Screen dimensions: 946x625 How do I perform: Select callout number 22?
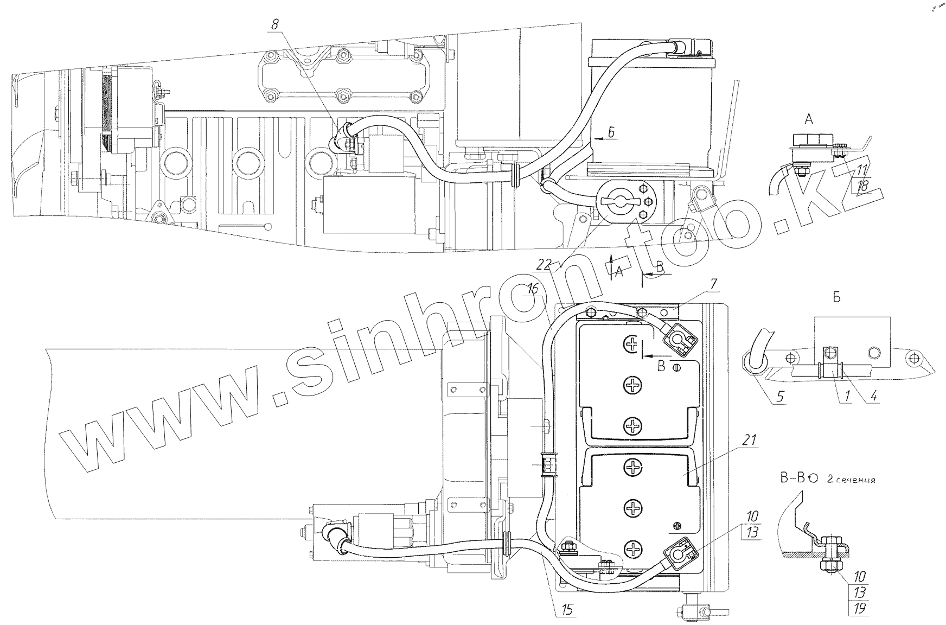click(x=545, y=265)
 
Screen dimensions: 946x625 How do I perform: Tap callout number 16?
click(x=534, y=289)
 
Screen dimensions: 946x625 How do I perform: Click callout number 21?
click(x=749, y=440)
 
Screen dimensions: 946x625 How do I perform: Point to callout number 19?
click(x=860, y=609)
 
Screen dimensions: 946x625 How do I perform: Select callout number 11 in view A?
click(x=861, y=170)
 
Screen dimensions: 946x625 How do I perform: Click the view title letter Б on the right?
click(x=836, y=299)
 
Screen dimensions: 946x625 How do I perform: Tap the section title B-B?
click(x=791, y=477)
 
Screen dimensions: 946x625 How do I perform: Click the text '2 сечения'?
click(x=851, y=479)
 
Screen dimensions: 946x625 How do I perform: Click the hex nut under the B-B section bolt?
click(x=830, y=566)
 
